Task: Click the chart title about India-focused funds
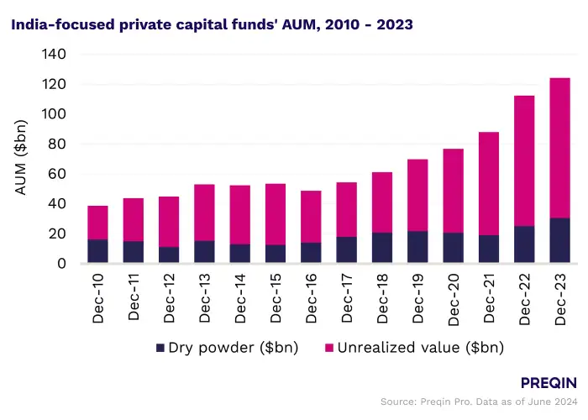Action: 211,25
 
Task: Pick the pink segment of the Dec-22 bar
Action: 524,160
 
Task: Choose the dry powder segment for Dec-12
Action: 169,255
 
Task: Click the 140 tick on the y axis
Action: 55,55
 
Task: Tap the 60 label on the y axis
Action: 58,174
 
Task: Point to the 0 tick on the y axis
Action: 62,264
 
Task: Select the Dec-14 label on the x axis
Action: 240,297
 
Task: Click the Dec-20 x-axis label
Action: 453,297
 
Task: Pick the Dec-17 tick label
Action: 347,297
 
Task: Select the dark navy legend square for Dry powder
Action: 160,347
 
